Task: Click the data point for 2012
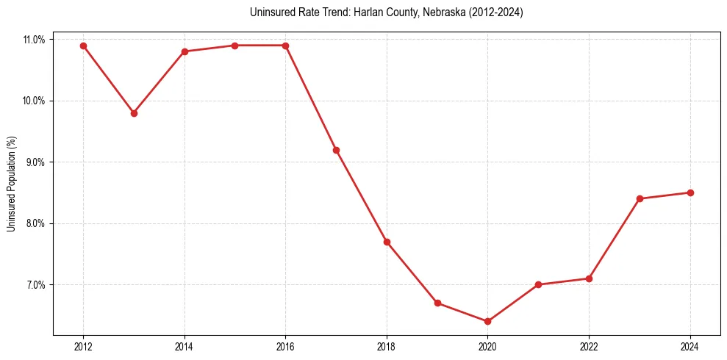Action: [83, 46]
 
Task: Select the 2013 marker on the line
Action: [134, 113]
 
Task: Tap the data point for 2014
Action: [185, 51]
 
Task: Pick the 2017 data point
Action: [336, 150]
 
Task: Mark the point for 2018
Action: [387, 242]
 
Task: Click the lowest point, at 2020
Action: [487, 321]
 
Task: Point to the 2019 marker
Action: [437, 303]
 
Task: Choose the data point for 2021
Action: [538, 284]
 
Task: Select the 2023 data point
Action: [640, 198]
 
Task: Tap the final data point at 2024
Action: [690, 192]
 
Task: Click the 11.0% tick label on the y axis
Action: [34, 40]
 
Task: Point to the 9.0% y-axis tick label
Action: [34, 162]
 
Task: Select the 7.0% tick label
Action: [34, 285]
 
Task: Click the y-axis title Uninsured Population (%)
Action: [12, 184]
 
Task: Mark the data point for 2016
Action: [285, 46]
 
